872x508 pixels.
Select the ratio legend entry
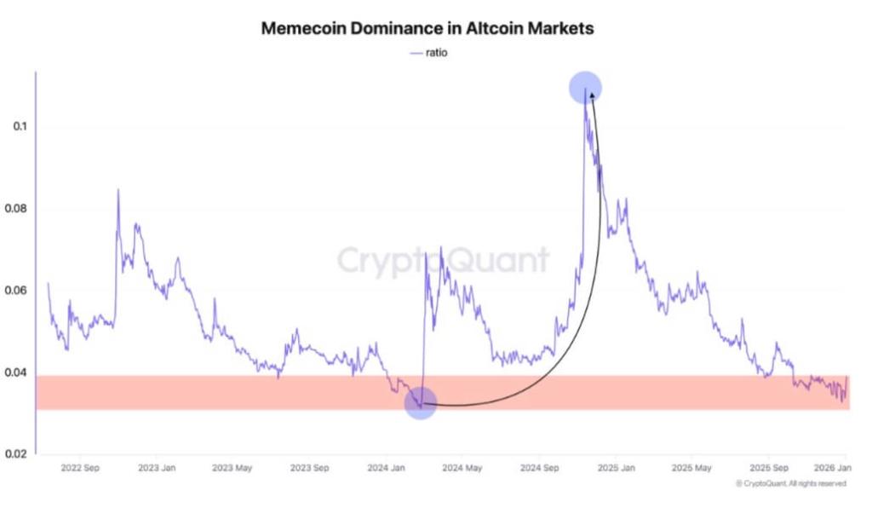coord(429,53)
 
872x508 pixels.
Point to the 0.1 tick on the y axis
coord(20,127)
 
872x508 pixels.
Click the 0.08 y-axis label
coord(16,209)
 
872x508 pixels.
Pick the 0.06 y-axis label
coord(16,291)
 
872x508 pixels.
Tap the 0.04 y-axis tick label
coord(16,372)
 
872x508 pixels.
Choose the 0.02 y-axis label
coord(16,454)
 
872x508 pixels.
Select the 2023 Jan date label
coord(157,468)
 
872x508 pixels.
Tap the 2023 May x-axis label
coord(233,468)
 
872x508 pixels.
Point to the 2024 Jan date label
coord(387,468)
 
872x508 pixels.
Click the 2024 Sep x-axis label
coord(540,468)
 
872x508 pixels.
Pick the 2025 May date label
coord(691,468)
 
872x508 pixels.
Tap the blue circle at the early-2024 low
coord(421,402)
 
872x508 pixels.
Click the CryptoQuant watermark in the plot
coord(443,260)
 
